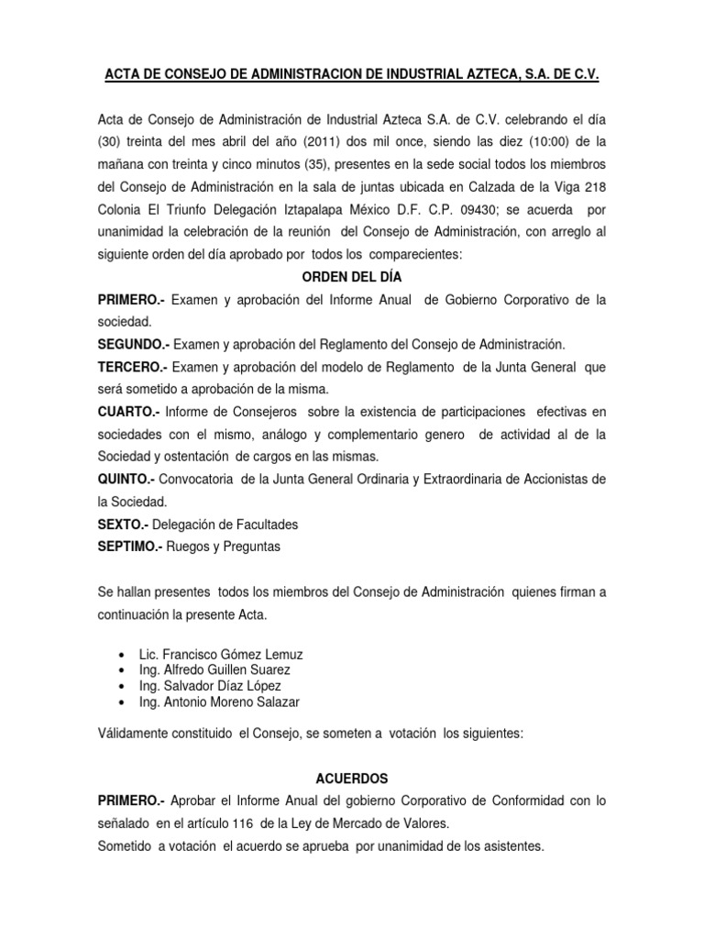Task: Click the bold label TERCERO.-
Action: pos(132,367)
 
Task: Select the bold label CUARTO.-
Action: pos(128,412)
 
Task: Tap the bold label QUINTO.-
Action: pos(127,480)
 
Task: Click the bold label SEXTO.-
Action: pos(123,525)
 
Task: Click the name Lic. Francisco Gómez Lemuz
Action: pos(220,655)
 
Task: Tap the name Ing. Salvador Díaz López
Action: pos(210,686)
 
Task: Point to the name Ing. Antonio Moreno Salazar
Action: pos(218,702)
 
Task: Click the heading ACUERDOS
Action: pos(352,779)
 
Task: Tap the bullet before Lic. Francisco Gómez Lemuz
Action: pos(122,655)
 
